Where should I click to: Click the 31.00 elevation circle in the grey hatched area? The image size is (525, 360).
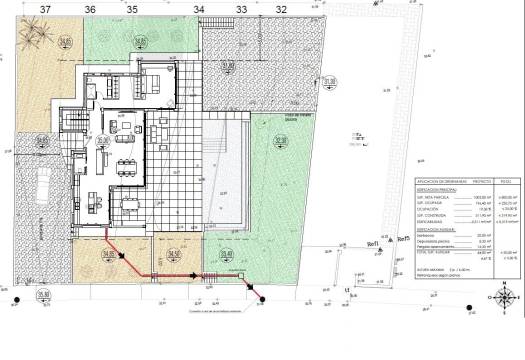[x=229, y=66]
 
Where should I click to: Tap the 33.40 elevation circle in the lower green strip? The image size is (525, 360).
[x=228, y=255]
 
